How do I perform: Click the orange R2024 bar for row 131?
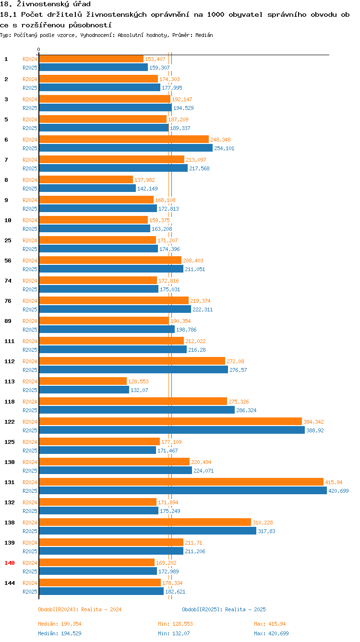point(181,482)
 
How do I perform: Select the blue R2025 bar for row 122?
point(172,430)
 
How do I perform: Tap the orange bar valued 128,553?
point(83,381)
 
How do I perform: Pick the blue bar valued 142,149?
point(87,188)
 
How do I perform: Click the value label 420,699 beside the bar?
point(338,491)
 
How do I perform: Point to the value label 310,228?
point(263,523)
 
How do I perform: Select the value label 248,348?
point(220,140)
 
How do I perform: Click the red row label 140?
point(10,562)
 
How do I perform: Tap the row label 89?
point(8,321)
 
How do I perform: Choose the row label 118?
point(10,401)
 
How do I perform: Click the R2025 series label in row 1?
point(30,68)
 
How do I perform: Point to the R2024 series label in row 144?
point(30,583)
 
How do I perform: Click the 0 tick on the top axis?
point(39,50)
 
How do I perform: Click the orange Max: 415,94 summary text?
point(271,624)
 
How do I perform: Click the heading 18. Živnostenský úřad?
point(45,4)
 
